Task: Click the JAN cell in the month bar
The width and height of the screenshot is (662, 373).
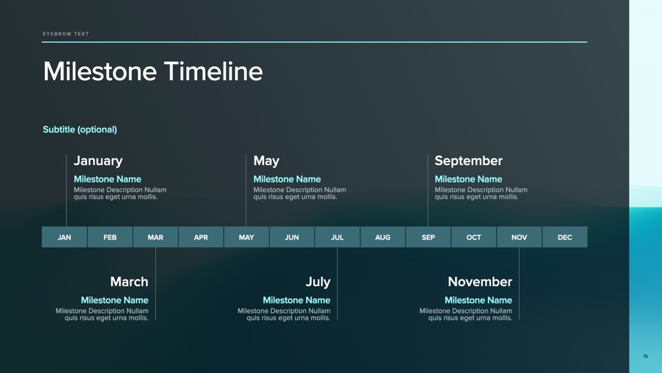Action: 64,237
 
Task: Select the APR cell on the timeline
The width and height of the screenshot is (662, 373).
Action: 201,237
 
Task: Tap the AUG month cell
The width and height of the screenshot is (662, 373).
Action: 383,237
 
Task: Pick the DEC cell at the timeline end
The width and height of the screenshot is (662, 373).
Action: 565,237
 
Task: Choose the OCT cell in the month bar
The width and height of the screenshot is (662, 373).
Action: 474,237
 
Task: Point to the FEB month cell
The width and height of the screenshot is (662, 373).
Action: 110,237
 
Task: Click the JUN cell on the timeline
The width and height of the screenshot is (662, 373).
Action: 292,237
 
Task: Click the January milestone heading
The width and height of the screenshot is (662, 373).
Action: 99,161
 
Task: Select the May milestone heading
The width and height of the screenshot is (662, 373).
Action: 266,161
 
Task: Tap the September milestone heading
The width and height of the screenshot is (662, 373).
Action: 469,161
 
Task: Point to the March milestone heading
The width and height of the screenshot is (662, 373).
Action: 129,282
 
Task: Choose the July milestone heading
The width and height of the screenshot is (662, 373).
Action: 318,282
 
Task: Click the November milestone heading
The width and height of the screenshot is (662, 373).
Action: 480,282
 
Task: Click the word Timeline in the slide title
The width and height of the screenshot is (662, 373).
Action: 213,71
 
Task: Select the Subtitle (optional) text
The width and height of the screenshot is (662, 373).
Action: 80,129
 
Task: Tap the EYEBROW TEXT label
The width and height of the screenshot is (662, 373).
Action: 66,34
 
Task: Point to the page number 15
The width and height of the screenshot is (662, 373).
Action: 645,356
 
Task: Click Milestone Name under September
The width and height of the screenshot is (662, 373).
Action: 469,180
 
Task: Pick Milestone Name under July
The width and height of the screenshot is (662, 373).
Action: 297,300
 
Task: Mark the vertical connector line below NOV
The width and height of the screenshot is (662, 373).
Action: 519,284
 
